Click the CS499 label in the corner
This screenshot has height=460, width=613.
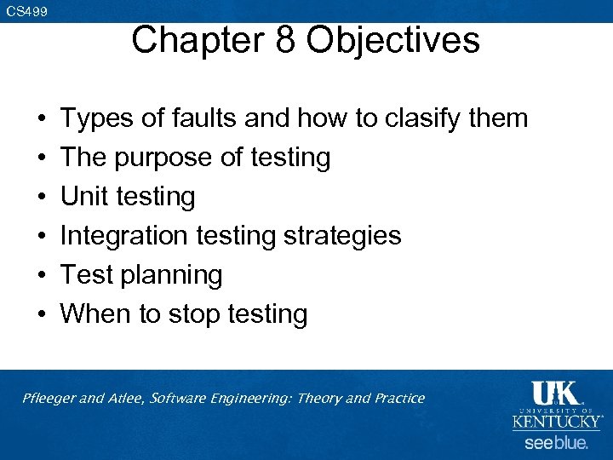click(x=26, y=12)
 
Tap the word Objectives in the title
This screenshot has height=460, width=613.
click(x=394, y=40)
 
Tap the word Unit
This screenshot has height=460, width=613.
click(x=85, y=197)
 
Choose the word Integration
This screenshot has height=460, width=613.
click(x=125, y=236)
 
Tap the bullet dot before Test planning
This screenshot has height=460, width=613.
click(x=42, y=276)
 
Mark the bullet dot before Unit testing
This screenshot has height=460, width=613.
click(x=42, y=197)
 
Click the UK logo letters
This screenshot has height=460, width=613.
click(x=555, y=394)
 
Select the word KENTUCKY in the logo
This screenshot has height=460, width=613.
click(x=556, y=421)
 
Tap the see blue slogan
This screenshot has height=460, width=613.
click(x=556, y=443)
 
